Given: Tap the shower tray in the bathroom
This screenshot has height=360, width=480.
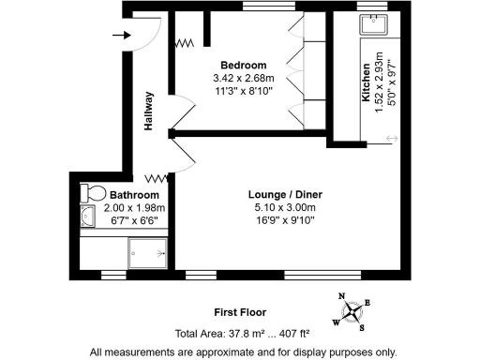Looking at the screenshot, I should coord(148,250).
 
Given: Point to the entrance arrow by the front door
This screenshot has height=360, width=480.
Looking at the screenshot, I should coord(121,37).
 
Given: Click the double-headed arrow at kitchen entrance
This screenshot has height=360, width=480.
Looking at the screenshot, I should coord(390,140).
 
